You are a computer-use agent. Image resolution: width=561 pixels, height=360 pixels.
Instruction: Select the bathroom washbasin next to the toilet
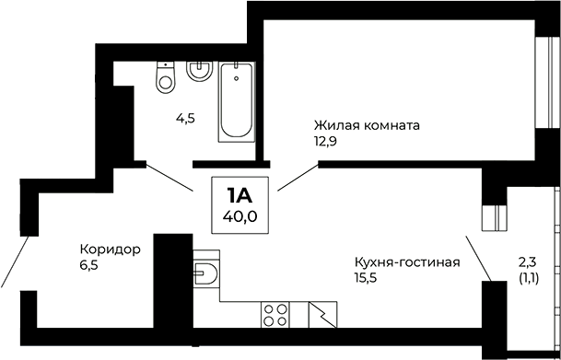197,71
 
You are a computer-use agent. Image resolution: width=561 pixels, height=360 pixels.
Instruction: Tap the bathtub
236,101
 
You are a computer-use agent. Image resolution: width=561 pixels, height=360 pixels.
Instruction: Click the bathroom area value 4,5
187,119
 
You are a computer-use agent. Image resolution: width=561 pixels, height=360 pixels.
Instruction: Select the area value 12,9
324,141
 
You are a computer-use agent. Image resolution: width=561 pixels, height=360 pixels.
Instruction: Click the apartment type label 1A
239,195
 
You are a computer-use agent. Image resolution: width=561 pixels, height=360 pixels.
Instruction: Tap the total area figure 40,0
239,216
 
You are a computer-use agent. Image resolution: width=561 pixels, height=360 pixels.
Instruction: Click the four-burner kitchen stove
275,315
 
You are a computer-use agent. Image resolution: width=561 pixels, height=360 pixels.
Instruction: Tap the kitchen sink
207,273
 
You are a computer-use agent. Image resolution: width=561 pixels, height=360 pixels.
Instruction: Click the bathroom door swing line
169,176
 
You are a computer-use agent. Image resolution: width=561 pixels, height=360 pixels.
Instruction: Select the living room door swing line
296,176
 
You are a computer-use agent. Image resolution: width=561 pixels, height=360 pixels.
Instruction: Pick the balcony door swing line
475,256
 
